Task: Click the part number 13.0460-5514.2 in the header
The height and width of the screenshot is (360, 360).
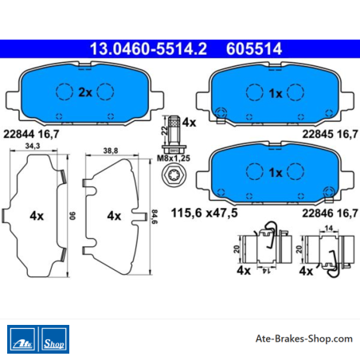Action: coord(148,49)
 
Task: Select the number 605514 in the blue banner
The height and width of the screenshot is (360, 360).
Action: coord(254,49)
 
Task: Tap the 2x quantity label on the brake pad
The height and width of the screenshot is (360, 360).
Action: coord(85,92)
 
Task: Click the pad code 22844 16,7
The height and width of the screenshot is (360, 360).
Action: coord(31,134)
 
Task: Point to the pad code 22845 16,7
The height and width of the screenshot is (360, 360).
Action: coord(331,134)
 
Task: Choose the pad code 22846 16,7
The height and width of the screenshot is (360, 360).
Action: coord(331,213)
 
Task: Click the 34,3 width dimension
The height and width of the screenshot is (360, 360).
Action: coord(33,146)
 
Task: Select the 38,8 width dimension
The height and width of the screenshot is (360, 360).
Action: coord(111,151)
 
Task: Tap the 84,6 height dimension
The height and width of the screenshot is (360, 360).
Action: coord(155,217)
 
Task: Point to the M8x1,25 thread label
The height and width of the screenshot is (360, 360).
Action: coord(174,158)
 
